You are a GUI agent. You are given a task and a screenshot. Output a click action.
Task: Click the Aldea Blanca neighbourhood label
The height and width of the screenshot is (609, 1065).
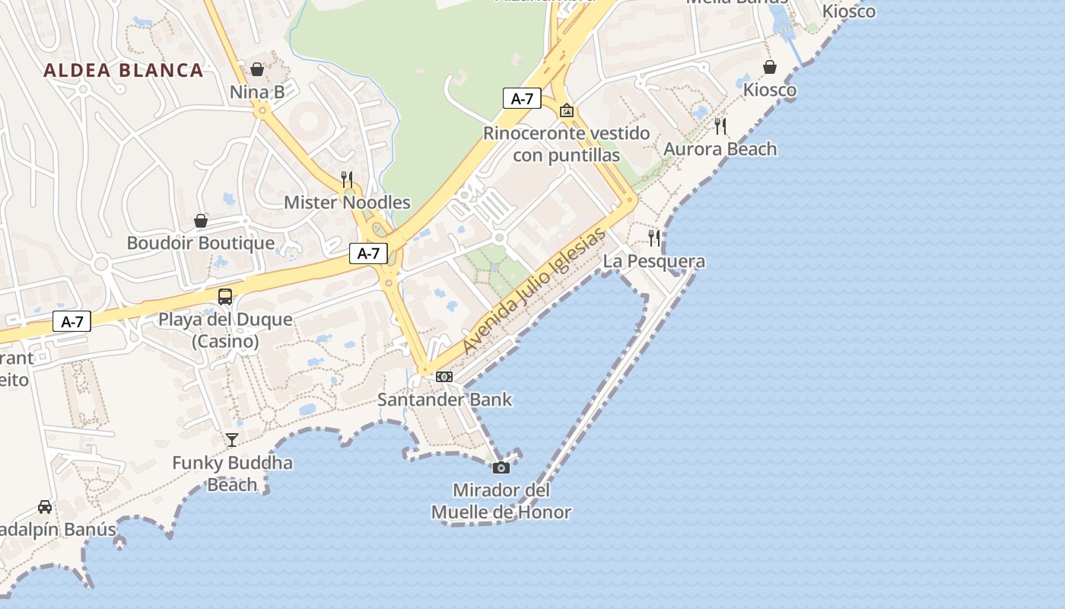[123, 71]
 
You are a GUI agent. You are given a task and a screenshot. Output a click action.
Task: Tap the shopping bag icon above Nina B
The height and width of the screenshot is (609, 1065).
[257, 69]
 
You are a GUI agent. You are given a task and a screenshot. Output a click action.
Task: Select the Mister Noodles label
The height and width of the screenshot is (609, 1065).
[347, 202]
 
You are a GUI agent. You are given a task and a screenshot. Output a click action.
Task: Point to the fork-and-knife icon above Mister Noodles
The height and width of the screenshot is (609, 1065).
[347, 180]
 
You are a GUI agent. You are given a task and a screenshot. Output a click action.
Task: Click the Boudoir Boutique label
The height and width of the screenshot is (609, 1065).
[201, 244]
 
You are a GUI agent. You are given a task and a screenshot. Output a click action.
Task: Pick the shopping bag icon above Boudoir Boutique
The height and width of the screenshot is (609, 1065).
[201, 221]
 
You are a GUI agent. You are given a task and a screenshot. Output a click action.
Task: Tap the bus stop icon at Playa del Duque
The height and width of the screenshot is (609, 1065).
[225, 297]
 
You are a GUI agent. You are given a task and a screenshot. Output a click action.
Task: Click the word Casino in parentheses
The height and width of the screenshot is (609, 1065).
[225, 341]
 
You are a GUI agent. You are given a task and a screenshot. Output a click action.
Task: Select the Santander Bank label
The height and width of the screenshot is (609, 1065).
[445, 400]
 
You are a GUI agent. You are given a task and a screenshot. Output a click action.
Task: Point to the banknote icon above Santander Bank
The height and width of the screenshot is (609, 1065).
[444, 377]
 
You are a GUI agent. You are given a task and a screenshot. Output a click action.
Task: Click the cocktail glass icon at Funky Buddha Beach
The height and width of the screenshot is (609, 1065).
[232, 440]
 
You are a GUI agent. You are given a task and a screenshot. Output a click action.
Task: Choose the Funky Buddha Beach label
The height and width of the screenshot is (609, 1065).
[232, 473]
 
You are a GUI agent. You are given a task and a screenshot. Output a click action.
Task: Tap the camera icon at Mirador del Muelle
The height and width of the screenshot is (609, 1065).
[501, 467]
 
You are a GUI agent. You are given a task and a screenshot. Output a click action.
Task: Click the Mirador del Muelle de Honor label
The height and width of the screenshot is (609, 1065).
[501, 501]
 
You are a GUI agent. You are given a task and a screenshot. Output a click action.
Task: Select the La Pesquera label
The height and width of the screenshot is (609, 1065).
[654, 262]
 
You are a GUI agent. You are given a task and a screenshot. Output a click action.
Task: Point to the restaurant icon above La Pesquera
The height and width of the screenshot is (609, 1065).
[654, 238]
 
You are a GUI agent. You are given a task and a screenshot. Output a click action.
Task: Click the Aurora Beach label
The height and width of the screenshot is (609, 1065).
[720, 149]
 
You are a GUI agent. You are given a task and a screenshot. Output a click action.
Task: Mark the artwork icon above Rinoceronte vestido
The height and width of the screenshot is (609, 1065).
[567, 110]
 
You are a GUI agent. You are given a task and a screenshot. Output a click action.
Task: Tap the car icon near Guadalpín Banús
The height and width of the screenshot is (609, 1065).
[45, 507]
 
